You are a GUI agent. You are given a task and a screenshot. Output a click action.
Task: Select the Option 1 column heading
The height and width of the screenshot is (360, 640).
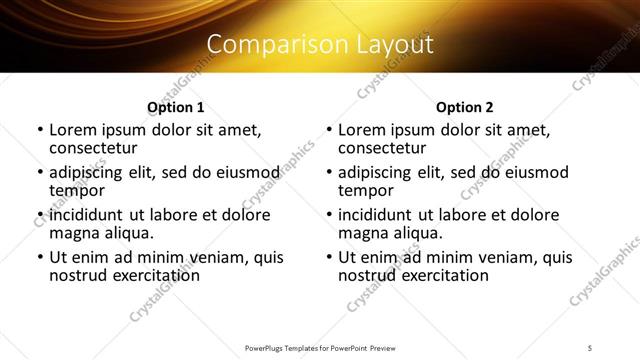click(175, 107)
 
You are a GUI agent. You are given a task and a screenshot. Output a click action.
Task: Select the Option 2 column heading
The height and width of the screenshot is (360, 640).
click(464, 107)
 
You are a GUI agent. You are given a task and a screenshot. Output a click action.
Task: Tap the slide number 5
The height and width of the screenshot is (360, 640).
click(591, 347)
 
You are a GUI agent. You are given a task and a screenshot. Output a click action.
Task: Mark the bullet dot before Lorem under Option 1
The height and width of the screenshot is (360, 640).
click(40, 130)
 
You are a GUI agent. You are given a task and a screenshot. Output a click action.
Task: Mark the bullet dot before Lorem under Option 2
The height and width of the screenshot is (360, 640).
click(329, 130)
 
